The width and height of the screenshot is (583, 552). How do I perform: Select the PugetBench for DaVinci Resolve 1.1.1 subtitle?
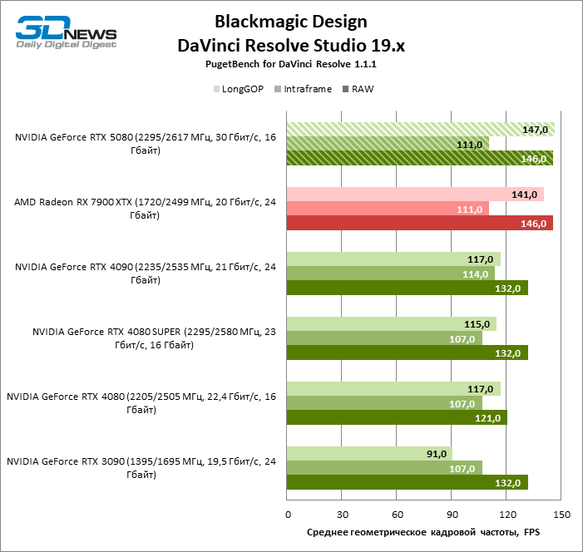pos(290,64)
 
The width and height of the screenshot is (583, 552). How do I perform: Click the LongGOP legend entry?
pos(242,89)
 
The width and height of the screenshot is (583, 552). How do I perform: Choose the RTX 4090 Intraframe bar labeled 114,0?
pos(390,274)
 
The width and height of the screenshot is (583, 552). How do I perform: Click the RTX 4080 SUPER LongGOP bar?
pos(391,324)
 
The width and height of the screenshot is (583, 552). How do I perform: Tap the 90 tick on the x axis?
pos(452,514)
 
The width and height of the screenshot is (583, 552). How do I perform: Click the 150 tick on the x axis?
pos(561,514)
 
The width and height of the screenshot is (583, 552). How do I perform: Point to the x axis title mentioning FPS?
pos(423,532)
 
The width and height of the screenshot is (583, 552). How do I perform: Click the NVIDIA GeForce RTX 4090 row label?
pos(145,274)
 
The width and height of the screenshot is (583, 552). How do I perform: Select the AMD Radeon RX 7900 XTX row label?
pos(145,209)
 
